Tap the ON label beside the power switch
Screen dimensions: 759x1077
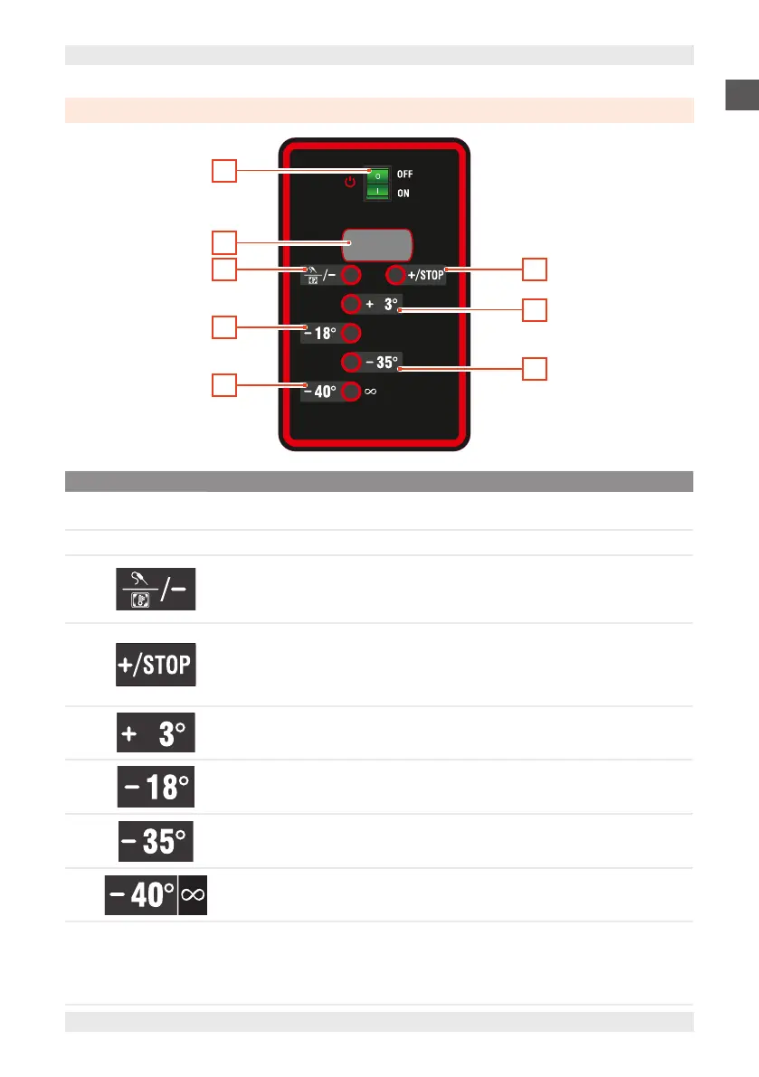click(x=403, y=193)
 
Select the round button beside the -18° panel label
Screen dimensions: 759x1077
click(x=352, y=332)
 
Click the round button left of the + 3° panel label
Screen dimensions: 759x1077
click(x=352, y=304)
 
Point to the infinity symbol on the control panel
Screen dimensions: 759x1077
click(x=371, y=392)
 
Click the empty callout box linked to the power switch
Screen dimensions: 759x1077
click(x=224, y=170)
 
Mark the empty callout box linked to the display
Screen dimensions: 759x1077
click(x=224, y=241)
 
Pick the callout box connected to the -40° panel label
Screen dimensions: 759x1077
click(x=224, y=385)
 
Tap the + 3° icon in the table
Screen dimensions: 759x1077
click(x=156, y=733)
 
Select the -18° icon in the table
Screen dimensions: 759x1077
click(x=156, y=787)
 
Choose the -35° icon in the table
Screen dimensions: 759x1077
click(x=156, y=841)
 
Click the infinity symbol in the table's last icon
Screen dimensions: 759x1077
click(x=193, y=895)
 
